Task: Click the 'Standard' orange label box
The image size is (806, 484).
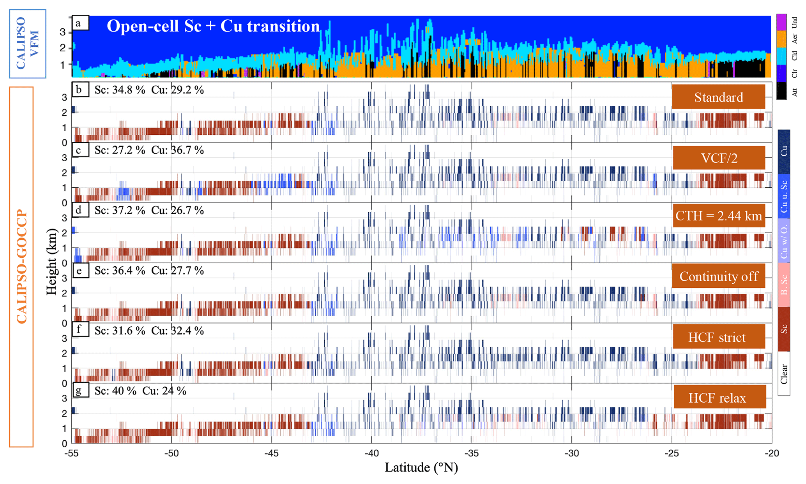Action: [x=718, y=97]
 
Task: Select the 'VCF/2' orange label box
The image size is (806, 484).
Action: [x=719, y=158]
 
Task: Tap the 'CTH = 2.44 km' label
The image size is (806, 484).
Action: [x=719, y=216]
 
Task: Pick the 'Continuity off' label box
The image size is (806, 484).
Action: [x=719, y=276]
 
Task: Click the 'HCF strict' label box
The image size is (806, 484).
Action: [x=719, y=337]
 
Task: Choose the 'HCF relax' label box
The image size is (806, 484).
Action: [x=719, y=398]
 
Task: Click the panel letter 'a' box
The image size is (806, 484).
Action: [x=80, y=23]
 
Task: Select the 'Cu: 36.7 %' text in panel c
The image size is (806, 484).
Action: [x=177, y=150]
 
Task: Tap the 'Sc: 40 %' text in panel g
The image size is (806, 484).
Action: [x=115, y=391]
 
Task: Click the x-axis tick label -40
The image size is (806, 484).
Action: [x=371, y=453]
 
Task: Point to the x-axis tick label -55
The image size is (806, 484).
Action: [x=71, y=453]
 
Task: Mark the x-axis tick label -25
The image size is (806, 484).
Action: [x=671, y=453]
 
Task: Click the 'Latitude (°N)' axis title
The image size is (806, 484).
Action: [x=421, y=468]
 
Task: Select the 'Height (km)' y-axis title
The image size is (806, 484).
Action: [x=51, y=262]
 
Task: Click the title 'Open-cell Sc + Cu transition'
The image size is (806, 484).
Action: [x=213, y=26]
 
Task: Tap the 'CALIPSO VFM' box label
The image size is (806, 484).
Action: [x=27, y=43]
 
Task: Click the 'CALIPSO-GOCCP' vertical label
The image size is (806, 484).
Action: [x=21, y=267]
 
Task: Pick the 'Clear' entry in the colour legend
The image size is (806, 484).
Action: [x=784, y=374]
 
